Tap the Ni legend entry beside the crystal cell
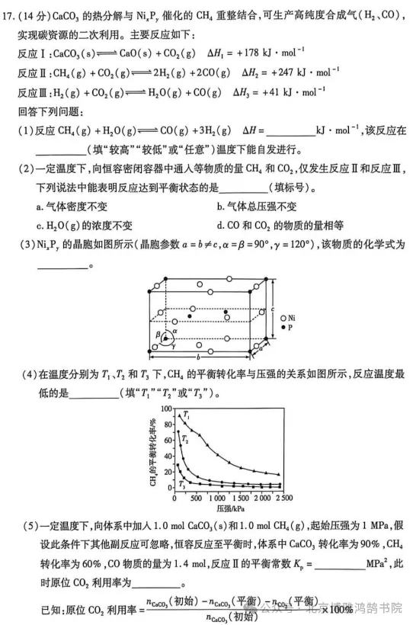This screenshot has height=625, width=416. click(290, 316)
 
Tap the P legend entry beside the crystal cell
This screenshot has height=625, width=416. click(288, 327)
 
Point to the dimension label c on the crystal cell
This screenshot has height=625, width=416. click(274, 308)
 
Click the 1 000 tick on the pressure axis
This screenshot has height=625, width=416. click(221, 498)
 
